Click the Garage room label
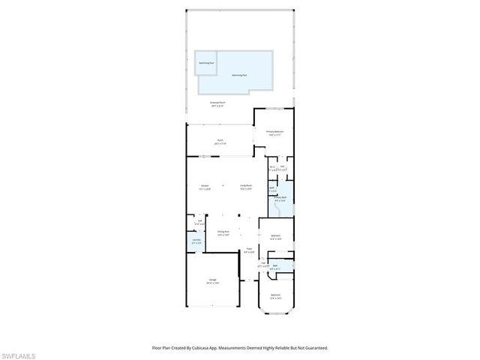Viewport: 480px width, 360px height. click(x=213, y=280)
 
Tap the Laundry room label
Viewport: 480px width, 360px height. click(x=196, y=241)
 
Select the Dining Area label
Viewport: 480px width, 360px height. click(x=223, y=232)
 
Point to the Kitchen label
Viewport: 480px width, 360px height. click(x=204, y=186)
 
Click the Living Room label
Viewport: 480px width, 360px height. click(x=245, y=186)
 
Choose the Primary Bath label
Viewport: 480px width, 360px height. click(x=279, y=199)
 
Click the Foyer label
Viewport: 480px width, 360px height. click(x=249, y=250)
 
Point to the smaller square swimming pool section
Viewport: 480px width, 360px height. click(x=205, y=63)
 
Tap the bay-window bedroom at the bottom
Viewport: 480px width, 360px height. click(x=275, y=296)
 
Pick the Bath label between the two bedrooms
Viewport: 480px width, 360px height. click(x=275, y=266)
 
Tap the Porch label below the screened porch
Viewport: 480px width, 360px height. click(x=220, y=140)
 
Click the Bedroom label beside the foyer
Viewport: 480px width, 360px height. click(x=275, y=236)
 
